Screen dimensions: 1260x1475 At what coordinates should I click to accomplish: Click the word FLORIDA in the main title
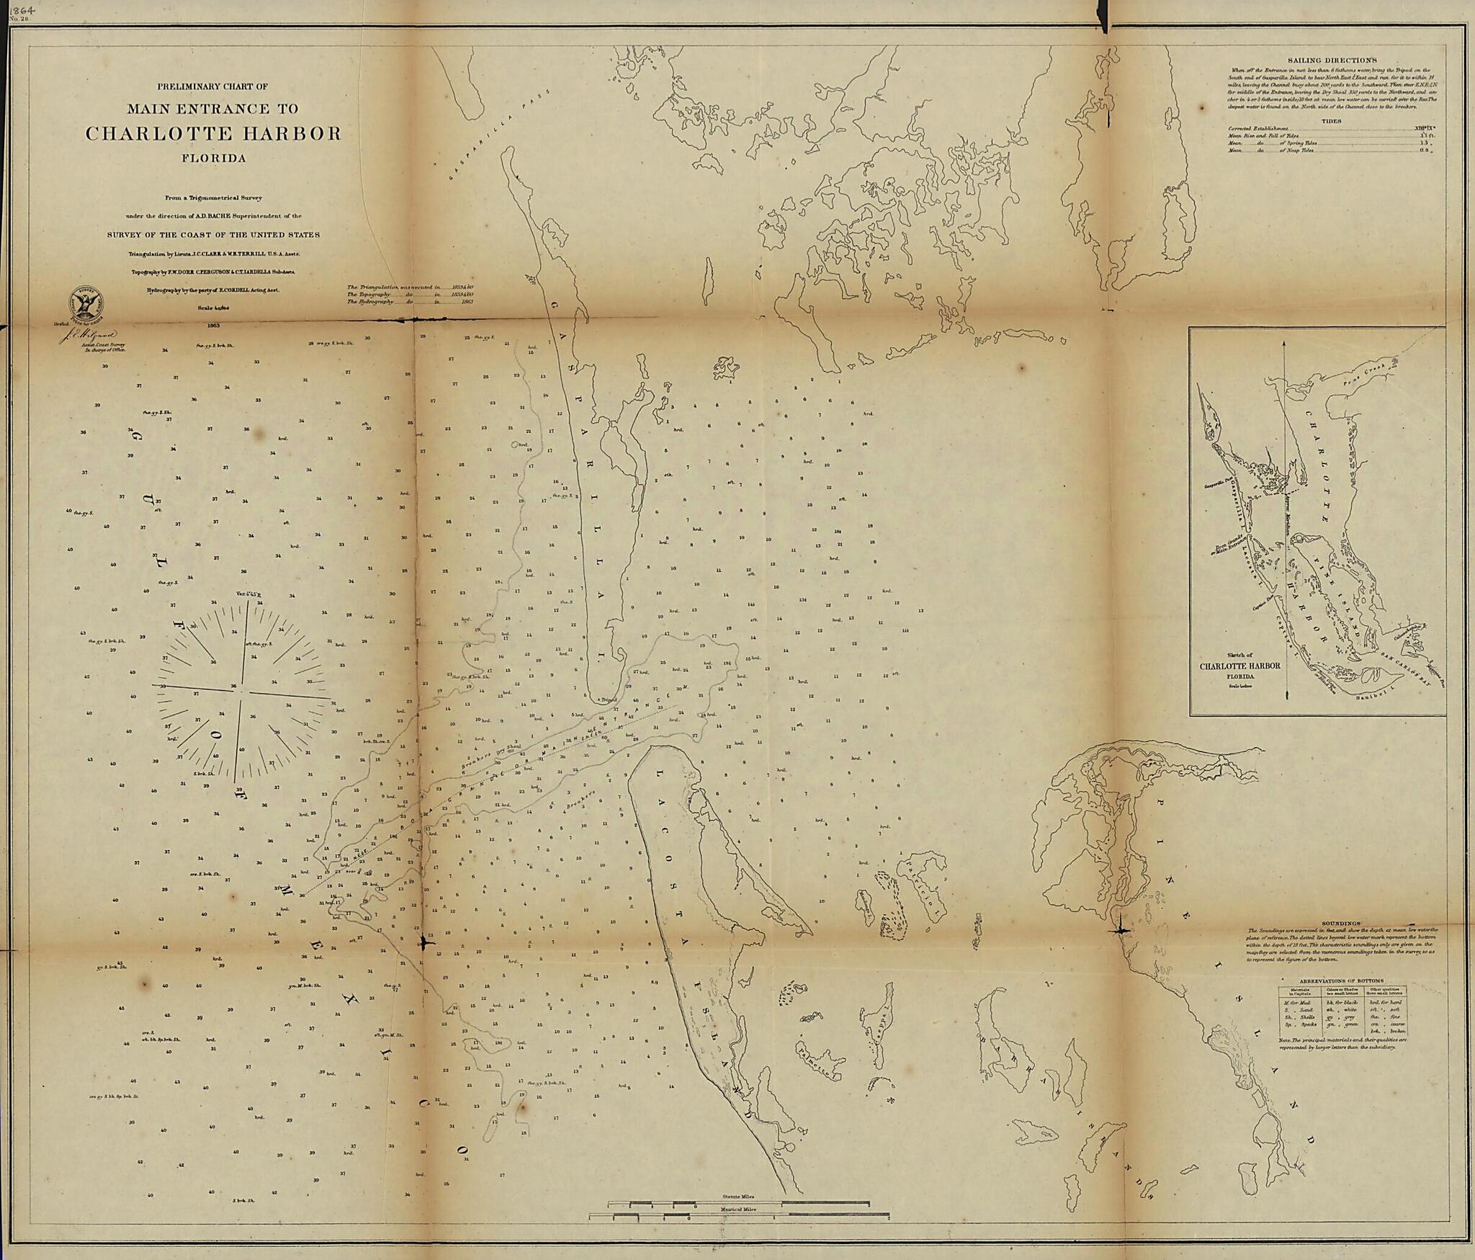point(213,158)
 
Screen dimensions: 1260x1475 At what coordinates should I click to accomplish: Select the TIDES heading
point(1331,121)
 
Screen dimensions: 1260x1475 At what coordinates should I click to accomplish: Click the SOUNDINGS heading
point(1340,924)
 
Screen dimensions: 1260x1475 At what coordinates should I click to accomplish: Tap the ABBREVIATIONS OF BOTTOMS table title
point(1341,981)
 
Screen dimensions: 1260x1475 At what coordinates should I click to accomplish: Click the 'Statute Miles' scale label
point(738,1197)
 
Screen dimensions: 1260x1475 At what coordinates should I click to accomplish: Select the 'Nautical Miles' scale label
point(738,1209)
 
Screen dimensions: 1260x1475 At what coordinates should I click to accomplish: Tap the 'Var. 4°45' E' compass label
point(247,594)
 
